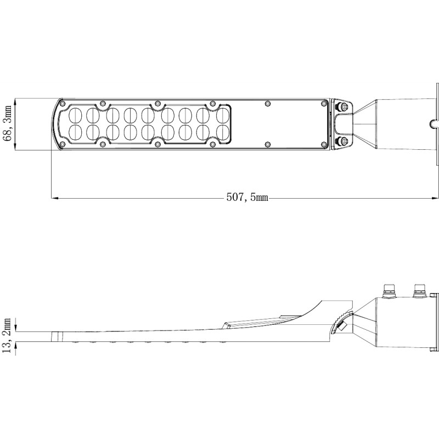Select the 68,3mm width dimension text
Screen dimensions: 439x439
click(x=8, y=123)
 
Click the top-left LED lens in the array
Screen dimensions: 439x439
click(x=77, y=115)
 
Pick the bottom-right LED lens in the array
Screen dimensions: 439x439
click(x=223, y=132)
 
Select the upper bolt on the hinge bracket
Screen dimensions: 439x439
click(x=344, y=106)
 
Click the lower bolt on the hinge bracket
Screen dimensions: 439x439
click(x=344, y=142)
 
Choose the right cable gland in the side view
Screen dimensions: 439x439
click(x=420, y=289)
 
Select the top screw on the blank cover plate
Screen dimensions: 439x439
click(x=268, y=103)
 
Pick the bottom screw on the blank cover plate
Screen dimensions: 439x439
click(x=268, y=144)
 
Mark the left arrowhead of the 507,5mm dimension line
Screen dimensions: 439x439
click(x=54, y=198)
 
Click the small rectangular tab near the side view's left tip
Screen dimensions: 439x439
click(x=55, y=336)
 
